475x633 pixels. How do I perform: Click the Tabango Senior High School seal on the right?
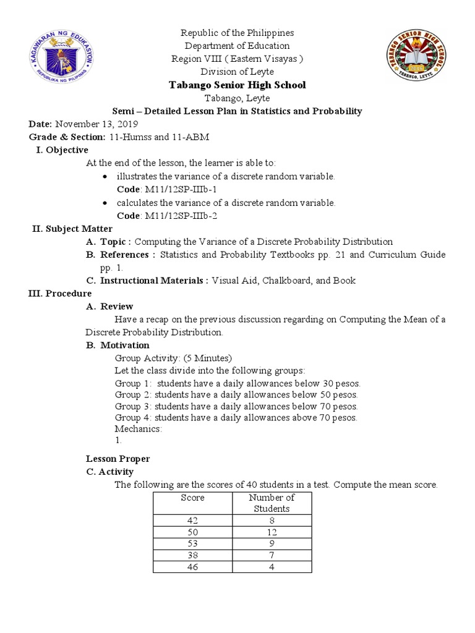[x=421, y=59]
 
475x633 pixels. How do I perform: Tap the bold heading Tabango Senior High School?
[x=237, y=85]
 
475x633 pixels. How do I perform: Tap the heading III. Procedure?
[x=60, y=293]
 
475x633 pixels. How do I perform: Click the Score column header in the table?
[x=192, y=498]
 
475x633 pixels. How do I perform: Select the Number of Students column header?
[x=272, y=503]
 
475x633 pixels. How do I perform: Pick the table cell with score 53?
[x=192, y=543]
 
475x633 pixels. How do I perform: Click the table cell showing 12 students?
[x=272, y=532]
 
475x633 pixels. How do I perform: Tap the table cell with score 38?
[x=192, y=554]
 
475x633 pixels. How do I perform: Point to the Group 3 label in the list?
[x=134, y=406]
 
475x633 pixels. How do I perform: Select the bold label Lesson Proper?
[x=118, y=459]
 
